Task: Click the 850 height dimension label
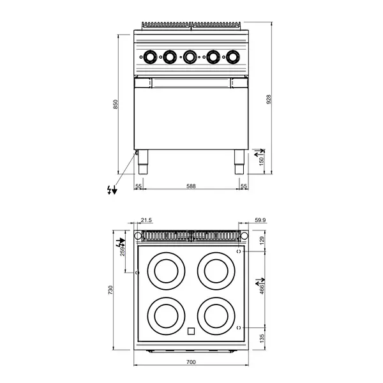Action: [x=116, y=104]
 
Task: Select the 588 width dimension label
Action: [x=191, y=186]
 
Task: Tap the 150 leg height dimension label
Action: [x=261, y=161]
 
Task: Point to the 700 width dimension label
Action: [x=191, y=362]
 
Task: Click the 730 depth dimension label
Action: [x=111, y=290]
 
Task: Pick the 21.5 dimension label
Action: [x=146, y=221]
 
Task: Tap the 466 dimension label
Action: [x=261, y=289]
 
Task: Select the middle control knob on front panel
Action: [x=190, y=57]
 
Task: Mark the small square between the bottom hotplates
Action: [x=191, y=331]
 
